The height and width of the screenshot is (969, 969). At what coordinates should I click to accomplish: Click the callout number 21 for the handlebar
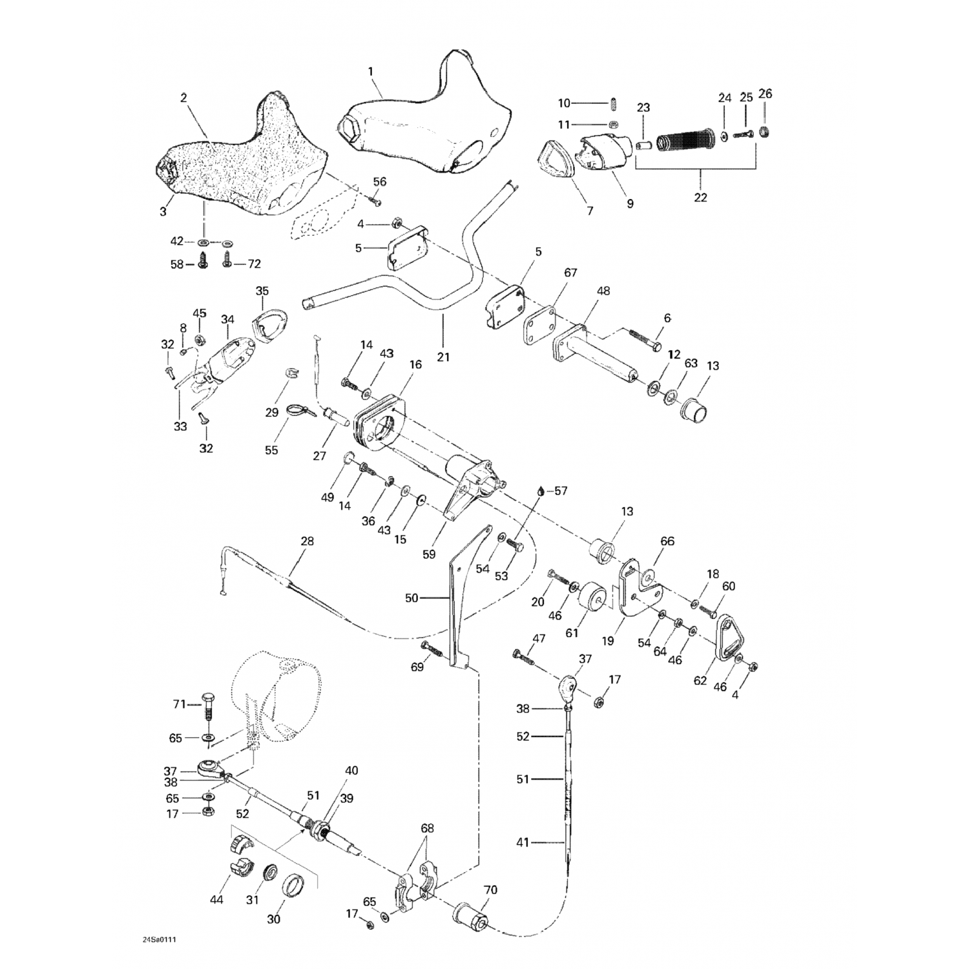[443, 356]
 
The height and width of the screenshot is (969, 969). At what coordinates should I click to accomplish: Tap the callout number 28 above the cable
[307, 541]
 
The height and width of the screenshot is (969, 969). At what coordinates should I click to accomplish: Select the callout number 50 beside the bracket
[412, 598]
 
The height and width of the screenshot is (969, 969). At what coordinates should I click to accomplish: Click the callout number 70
[490, 890]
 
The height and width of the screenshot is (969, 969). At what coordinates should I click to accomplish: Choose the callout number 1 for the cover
[371, 72]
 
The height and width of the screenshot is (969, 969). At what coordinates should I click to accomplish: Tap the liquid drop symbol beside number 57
[540, 490]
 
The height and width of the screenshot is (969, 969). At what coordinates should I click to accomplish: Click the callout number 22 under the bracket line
[700, 197]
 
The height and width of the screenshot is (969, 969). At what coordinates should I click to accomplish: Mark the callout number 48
[603, 291]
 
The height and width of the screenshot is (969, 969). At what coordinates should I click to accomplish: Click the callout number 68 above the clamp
[427, 828]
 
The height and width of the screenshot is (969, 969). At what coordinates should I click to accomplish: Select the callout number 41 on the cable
[523, 842]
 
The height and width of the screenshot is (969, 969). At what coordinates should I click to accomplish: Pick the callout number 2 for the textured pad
[183, 98]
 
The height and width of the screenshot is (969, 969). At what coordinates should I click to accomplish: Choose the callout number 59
[429, 554]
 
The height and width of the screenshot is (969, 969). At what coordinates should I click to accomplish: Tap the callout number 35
[262, 291]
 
